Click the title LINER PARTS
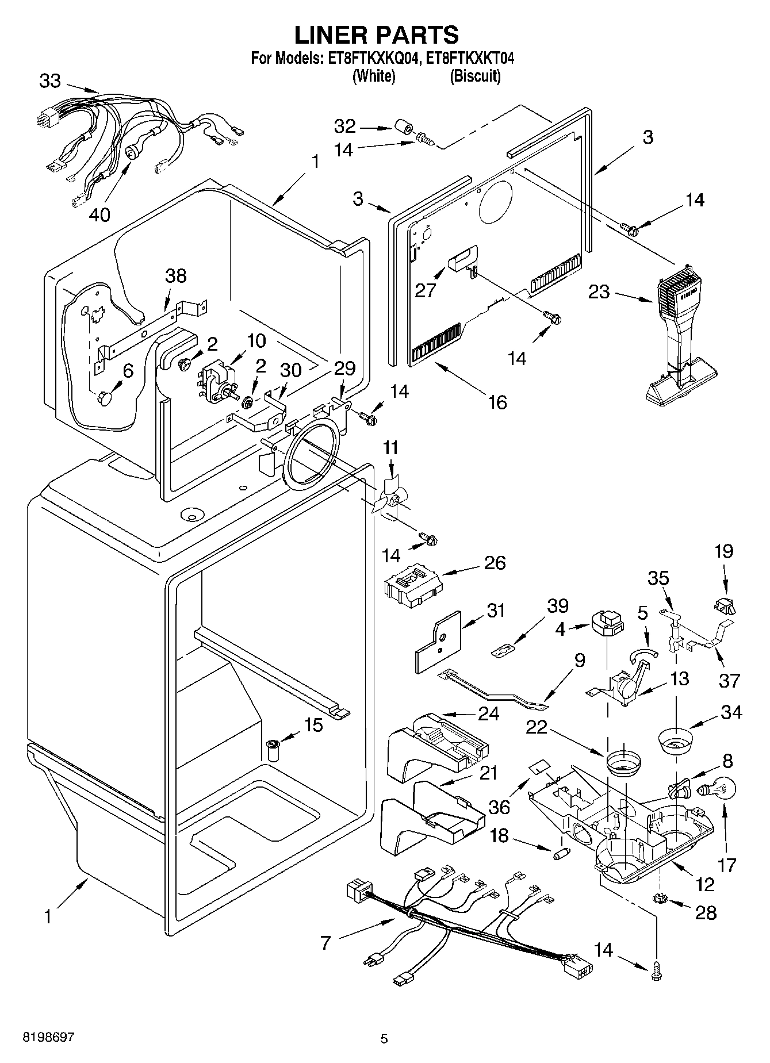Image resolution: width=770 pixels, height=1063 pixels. (x=377, y=35)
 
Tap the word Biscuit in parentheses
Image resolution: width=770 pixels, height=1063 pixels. (x=474, y=76)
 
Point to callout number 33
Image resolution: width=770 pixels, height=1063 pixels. (x=50, y=81)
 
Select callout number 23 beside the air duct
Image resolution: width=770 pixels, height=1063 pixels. (x=599, y=292)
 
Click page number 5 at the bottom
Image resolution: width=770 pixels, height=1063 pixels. (x=384, y=1039)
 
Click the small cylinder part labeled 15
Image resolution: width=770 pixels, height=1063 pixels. (x=274, y=751)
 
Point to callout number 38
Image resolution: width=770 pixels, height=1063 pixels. (x=176, y=275)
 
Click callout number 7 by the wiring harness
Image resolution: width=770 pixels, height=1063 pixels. (x=326, y=943)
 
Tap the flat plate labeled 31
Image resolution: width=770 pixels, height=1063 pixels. (x=438, y=643)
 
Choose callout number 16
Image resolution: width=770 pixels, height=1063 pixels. (x=497, y=402)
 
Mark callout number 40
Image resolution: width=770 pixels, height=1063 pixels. (x=99, y=215)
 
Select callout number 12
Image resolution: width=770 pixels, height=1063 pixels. (x=705, y=884)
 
